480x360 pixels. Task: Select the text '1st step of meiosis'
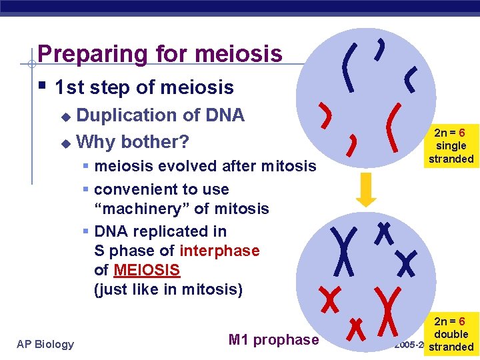coord(144,87)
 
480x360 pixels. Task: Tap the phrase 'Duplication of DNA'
coord(161,115)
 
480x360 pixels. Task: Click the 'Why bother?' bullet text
coord(133,142)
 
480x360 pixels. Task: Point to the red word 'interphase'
coord(219,251)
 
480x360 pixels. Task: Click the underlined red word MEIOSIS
coord(147,270)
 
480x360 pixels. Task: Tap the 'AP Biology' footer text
coord(45,344)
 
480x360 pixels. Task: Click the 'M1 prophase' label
coord(273,340)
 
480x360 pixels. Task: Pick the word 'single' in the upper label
coord(451,146)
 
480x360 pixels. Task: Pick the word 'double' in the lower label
coord(451,334)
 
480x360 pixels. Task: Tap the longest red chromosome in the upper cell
coord(396,123)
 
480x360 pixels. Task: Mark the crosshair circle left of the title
coord(31,65)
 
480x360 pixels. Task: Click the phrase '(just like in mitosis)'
coord(169,289)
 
